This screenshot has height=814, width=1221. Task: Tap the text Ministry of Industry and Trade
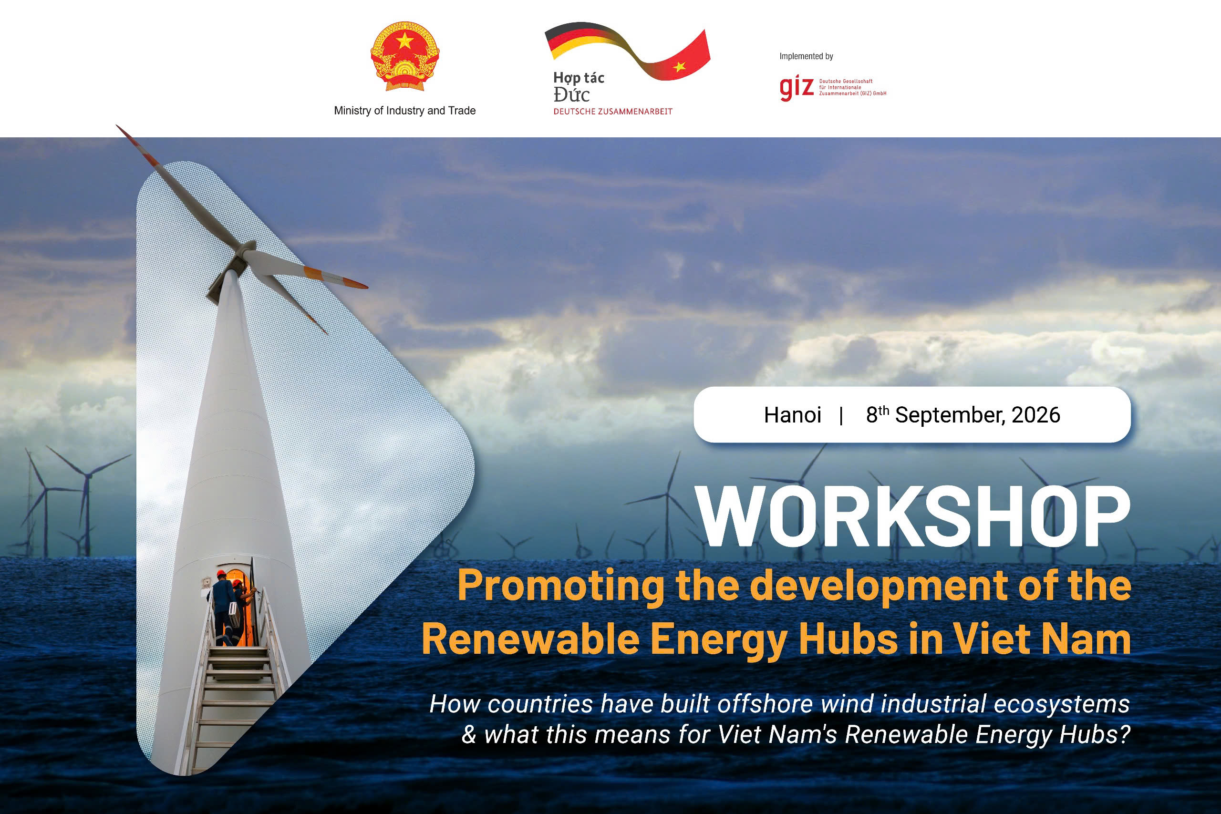tap(405, 111)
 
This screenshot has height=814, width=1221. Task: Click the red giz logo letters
tap(797, 89)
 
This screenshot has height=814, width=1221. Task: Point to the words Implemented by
tap(806, 56)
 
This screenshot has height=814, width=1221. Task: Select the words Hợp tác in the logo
tap(579, 78)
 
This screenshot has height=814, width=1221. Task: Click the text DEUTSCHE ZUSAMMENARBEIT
tap(612, 112)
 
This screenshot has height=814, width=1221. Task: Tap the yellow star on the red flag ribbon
tap(680, 66)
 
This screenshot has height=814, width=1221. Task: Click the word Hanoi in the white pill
tap(792, 415)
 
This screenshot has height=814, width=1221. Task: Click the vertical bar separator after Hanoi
tap(841, 415)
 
